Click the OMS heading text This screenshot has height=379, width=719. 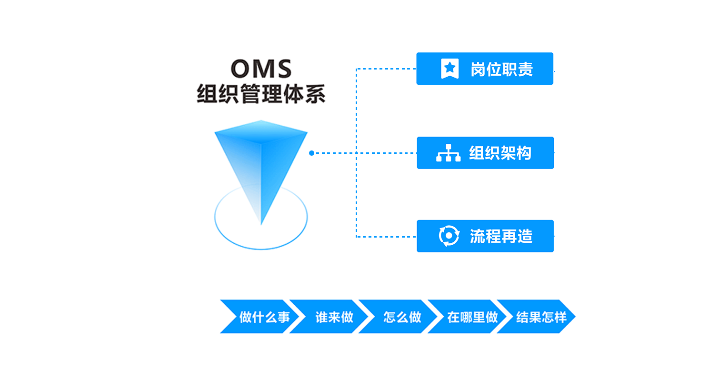[x=261, y=69]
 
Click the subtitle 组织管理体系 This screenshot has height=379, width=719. [x=261, y=93]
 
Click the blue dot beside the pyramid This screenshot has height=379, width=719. [x=311, y=153]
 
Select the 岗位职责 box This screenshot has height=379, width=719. [x=485, y=69]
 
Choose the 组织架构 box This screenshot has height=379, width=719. [x=485, y=153]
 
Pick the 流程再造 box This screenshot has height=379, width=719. [x=485, y=236]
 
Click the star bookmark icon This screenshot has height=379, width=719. [x=449, y=69]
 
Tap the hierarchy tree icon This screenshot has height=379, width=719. [x=448, y=153]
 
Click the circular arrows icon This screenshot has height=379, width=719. [x=449, y=236]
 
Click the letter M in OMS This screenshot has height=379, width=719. [x=261, y=69]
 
